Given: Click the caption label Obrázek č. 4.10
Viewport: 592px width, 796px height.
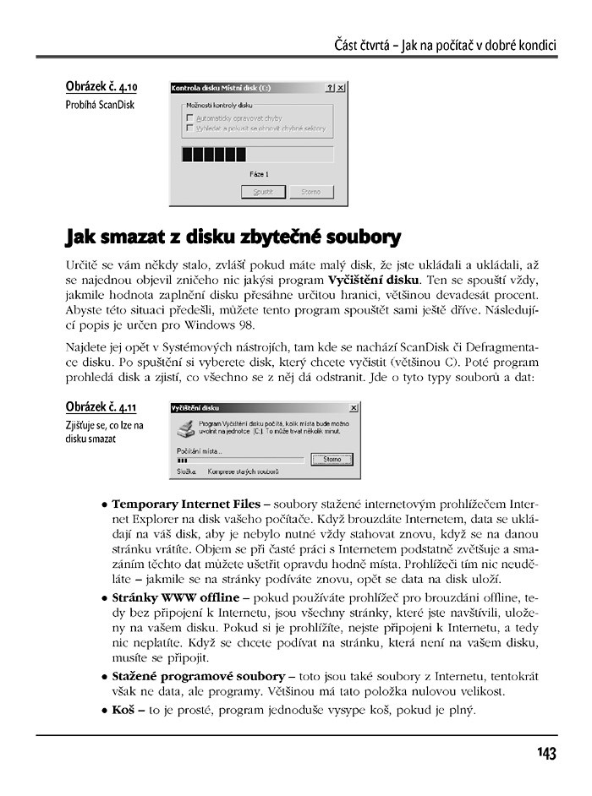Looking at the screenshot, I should click(101, 87).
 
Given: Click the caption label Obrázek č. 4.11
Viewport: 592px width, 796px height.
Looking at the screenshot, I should click(101, 407).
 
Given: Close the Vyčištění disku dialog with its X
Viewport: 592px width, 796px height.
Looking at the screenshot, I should click(352, 407).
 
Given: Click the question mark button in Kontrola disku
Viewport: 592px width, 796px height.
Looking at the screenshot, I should click(329, 87).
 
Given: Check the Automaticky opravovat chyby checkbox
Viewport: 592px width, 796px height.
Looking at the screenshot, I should click(189, 118).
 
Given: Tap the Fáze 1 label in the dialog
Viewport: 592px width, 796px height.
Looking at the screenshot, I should click(259, 174).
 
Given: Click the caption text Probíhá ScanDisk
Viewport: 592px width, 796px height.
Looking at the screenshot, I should click(100, 105).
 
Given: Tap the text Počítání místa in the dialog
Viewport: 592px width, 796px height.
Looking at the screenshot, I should click(200, 450).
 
